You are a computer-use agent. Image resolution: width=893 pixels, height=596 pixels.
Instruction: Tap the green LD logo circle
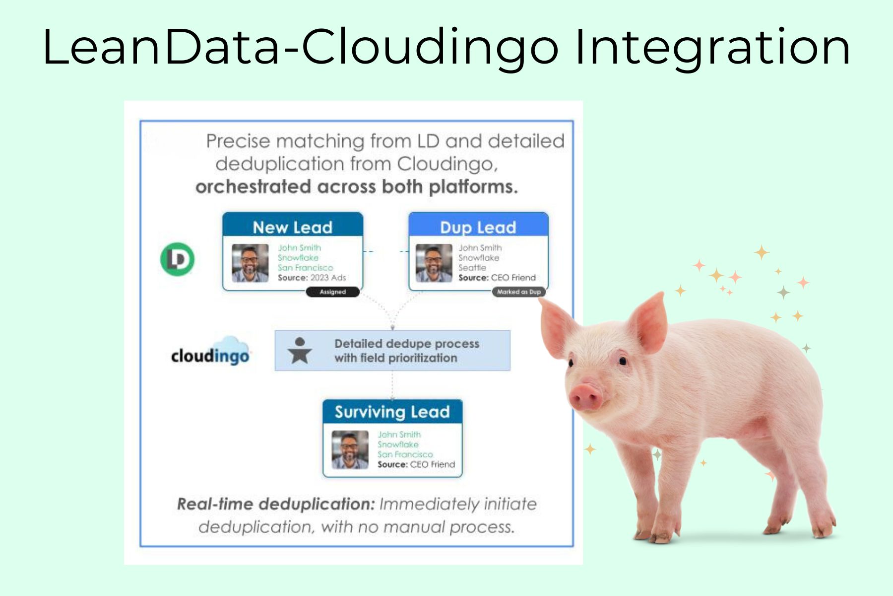click(x=177, y=259)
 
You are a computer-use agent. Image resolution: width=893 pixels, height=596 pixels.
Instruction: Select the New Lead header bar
click(x=293, y=226)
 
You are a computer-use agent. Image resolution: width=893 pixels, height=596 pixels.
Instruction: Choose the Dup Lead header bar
click(x=478, y=226)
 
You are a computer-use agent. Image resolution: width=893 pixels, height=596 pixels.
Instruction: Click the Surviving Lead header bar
click(x=392, y=411)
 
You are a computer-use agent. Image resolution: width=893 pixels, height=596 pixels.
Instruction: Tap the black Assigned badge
click(x=332, y=292)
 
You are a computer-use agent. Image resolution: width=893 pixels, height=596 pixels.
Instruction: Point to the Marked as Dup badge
click(x=518, y=292)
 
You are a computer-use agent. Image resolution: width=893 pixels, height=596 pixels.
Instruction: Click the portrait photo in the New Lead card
click(x=250, y=263)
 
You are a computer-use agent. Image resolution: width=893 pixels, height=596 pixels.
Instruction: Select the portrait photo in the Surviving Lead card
click(x=350, y=449)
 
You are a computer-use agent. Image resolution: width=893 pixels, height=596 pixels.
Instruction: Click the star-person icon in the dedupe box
click(x=300, y=351)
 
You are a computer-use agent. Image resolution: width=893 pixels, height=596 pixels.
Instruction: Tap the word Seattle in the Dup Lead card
click(x=472, y=268)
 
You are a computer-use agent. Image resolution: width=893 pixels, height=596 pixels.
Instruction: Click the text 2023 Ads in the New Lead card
click(x=328, y=278)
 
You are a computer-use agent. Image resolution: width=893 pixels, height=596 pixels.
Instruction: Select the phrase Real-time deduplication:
click(x=276, y=504)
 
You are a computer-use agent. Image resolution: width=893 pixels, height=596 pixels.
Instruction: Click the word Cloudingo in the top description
click(x=447, y=164)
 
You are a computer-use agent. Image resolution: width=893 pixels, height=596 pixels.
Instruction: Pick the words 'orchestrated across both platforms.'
click(x=356, y=187)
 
